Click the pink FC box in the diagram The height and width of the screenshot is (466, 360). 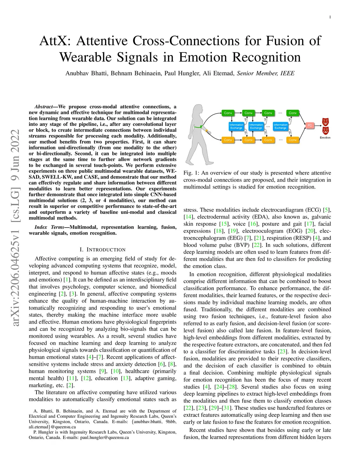(x=310, y=126)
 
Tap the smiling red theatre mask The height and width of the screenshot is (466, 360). (x=325, y=122)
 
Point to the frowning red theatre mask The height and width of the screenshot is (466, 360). (x=325, y=130)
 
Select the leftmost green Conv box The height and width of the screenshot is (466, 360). (x=228, y=113)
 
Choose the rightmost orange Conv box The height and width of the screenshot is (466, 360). (x=292, y=140)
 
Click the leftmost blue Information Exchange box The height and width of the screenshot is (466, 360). (x=236, y=126)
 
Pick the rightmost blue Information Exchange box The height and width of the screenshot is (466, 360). (x=281, y=126)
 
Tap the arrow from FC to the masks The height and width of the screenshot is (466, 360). (x=318, y=126)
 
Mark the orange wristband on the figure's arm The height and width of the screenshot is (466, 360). (x=207, y=130)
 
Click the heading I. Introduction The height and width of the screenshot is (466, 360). (x=102, y=250)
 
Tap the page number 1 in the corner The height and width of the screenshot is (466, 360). (x=330, y=17)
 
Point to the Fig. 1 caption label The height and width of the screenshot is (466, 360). (x=191, y=173)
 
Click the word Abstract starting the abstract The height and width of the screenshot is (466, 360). (x=44, y=107)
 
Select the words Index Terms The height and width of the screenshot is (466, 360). (x=49, y=227)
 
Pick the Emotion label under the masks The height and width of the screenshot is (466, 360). (x=325, y=138)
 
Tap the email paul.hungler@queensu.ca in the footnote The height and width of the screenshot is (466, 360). (x=104, y=438)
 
